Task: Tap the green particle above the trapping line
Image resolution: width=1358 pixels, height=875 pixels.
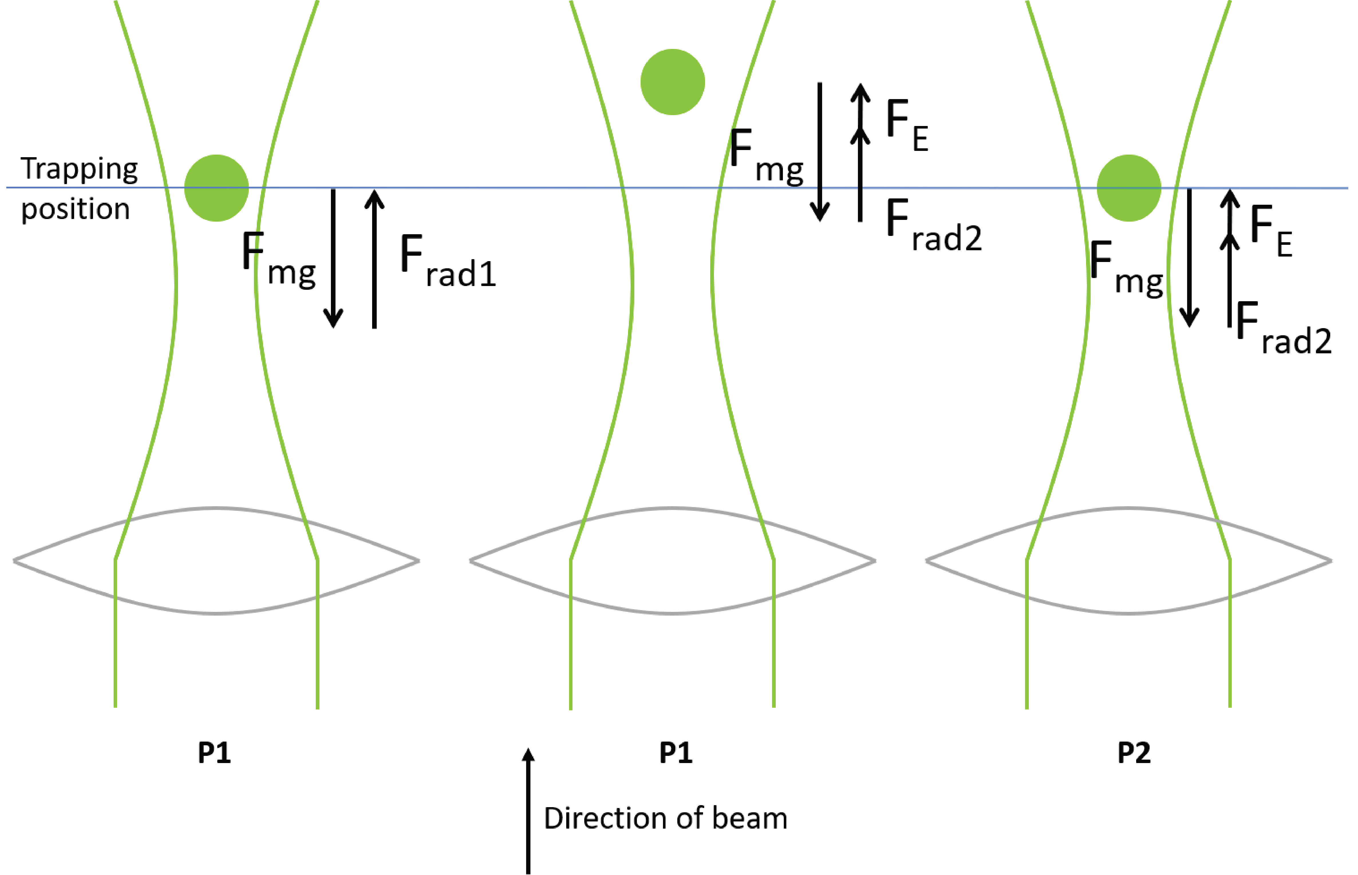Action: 672,82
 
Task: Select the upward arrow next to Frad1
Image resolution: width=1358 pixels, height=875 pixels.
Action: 374,259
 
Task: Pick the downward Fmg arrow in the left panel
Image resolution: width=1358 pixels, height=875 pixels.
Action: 333,259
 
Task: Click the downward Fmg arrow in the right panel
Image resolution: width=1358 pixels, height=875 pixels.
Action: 1189,259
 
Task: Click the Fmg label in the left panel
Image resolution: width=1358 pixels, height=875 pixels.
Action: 278,260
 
